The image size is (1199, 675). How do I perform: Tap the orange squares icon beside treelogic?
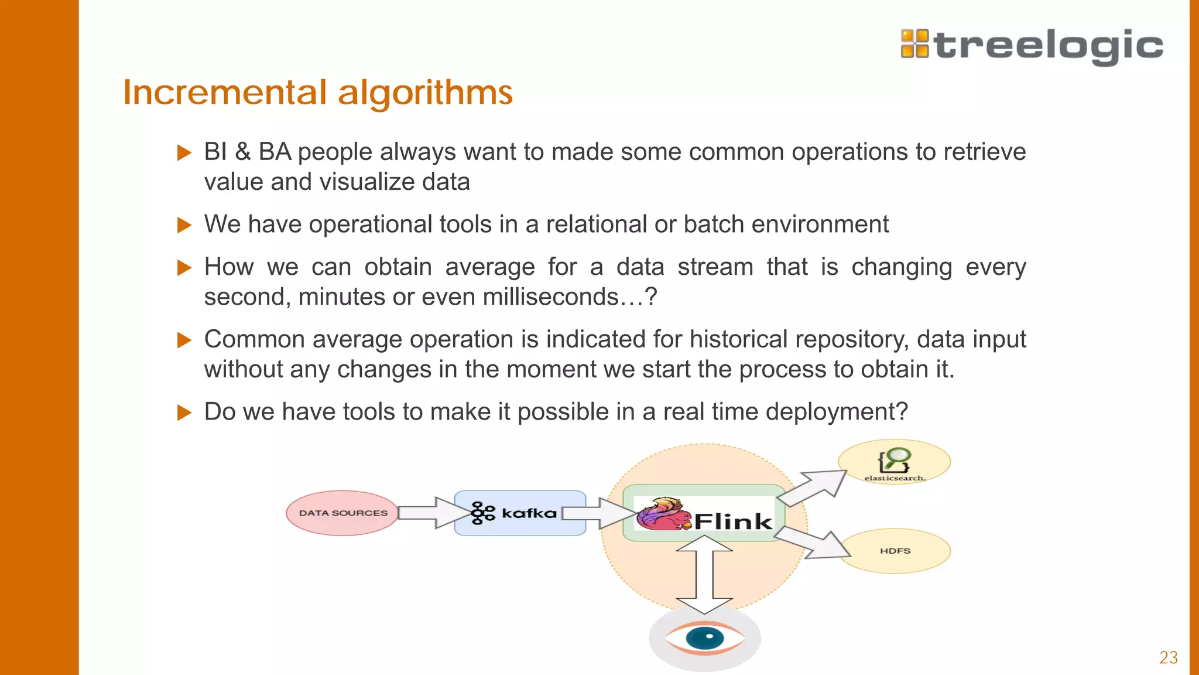tap(914, 44)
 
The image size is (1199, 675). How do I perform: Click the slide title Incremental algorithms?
tap(318, 93)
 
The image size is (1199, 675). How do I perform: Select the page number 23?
tap(1168, 657)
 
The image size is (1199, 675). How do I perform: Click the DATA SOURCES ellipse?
tap(342, 513)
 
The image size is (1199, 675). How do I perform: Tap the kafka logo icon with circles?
tap(483, 513)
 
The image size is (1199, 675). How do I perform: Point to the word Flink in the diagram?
tap(733, 521)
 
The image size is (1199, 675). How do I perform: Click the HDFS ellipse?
tap(895, 551)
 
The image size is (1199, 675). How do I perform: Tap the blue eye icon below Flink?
tap(705, 638)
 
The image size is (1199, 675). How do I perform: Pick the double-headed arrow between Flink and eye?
tap(704, 574)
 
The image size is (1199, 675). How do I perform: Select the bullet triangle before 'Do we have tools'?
tap(184, 412)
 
